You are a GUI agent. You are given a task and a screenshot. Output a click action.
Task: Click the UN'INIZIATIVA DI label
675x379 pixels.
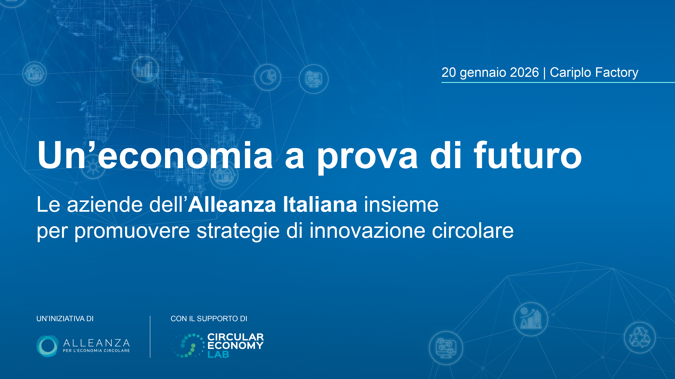65,319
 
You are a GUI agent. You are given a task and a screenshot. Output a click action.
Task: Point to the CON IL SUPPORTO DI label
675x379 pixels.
209,319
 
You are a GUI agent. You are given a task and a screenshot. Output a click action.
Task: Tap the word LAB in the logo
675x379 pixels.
218,355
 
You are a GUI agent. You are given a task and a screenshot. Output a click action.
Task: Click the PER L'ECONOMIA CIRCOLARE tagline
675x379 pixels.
96,350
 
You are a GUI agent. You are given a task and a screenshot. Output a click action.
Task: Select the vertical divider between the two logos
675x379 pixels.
150,337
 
